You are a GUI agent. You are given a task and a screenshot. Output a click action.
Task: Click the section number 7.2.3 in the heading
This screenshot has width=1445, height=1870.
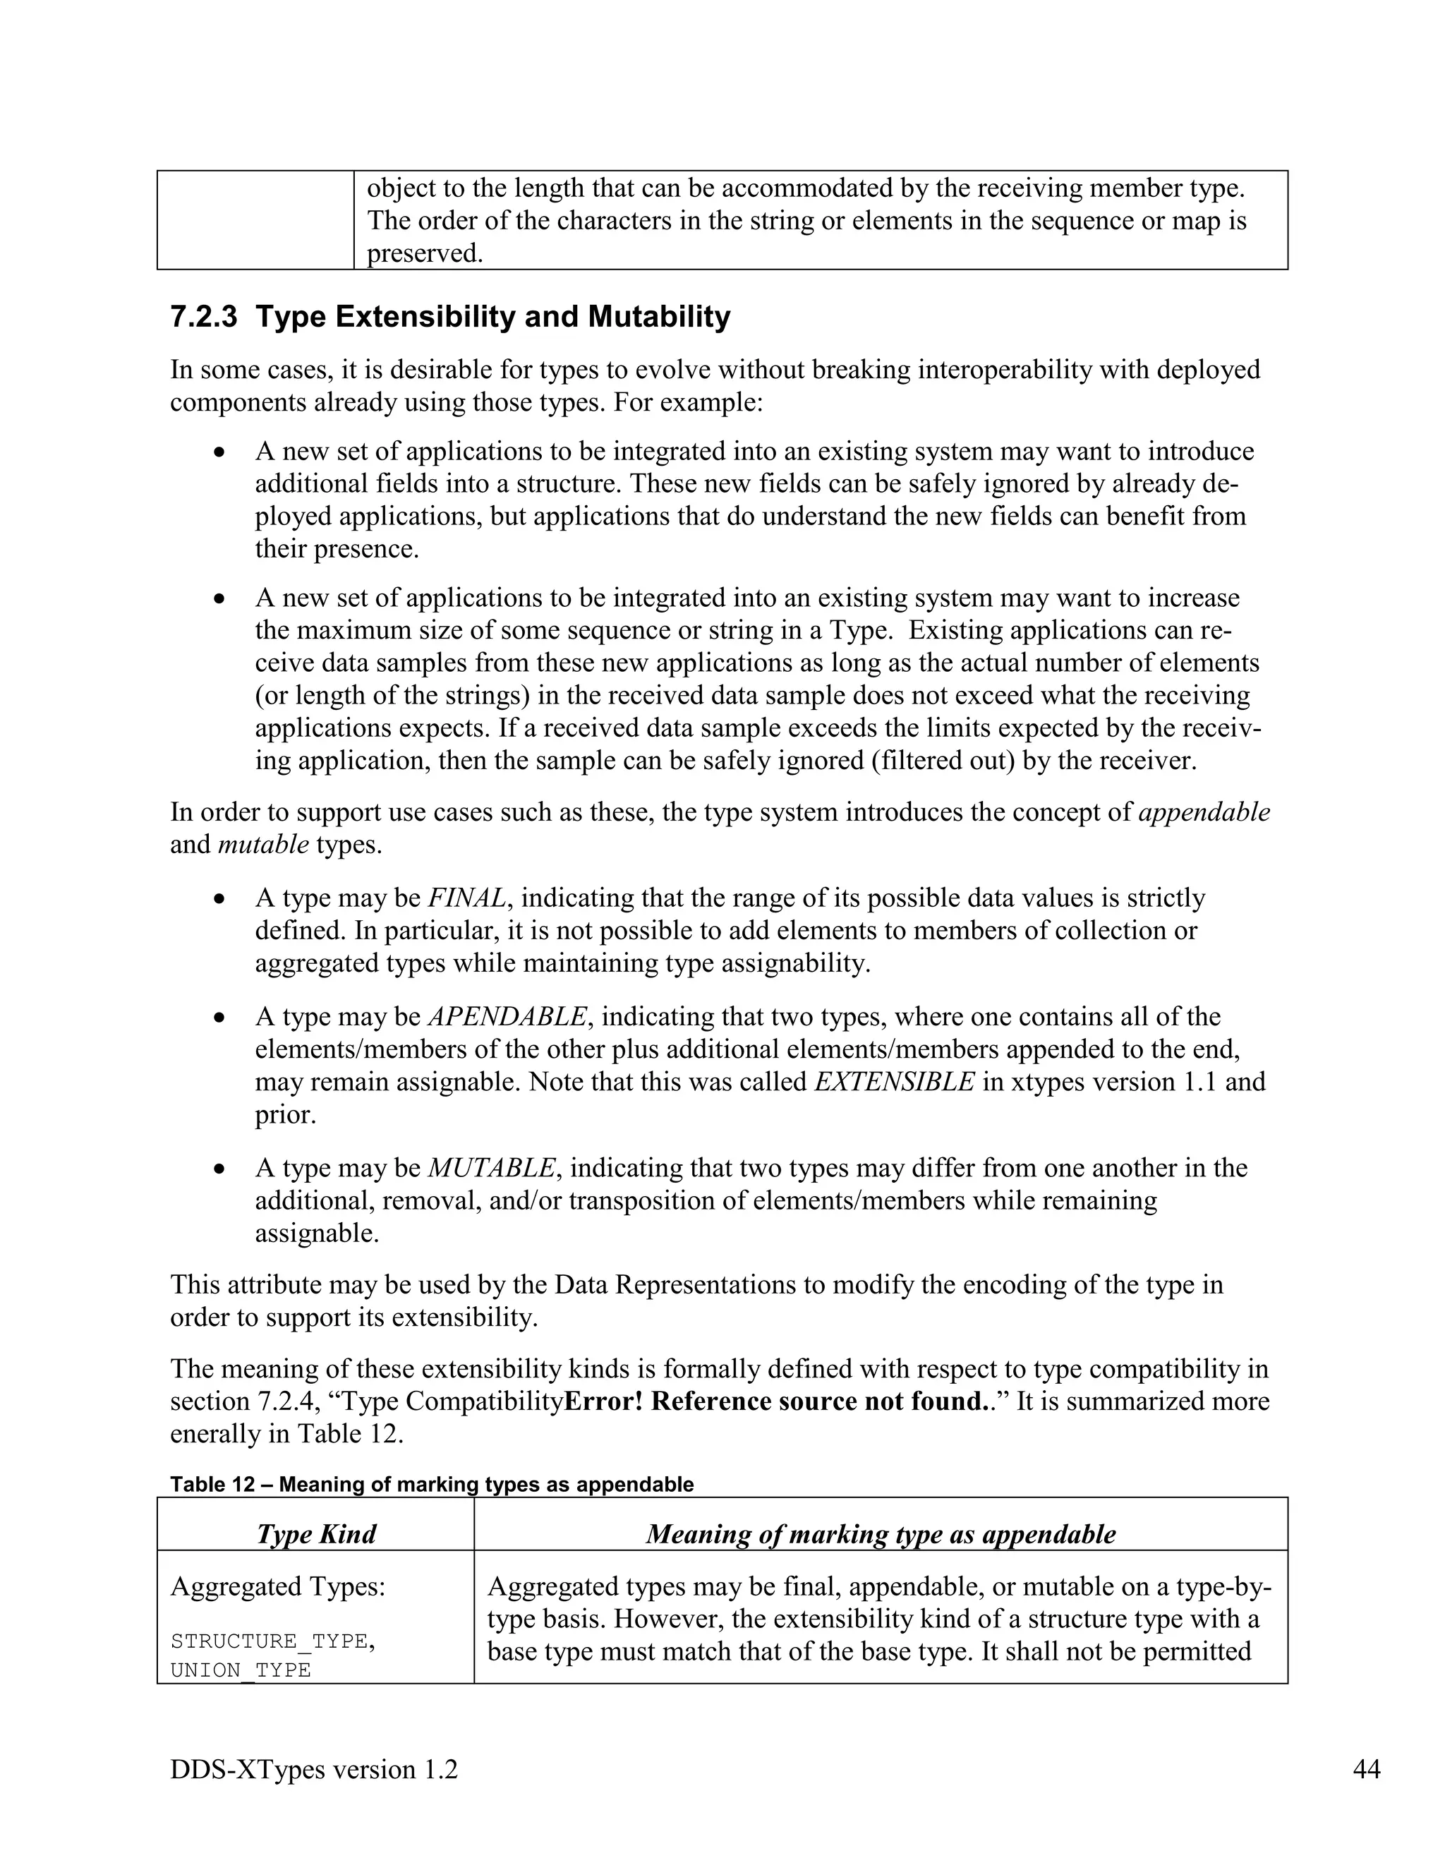click(x=204, y=317)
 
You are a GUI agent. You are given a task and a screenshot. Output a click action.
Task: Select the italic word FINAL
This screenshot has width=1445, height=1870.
click(x=467, y=898)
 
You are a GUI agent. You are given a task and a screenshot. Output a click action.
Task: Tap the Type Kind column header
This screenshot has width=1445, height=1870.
click(x=316, y=1533)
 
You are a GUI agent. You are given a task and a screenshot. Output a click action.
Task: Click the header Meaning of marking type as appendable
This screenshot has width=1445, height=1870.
click(x=880, y=1533)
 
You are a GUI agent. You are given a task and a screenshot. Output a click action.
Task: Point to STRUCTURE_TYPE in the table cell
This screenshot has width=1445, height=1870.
click(x=270, y=1641)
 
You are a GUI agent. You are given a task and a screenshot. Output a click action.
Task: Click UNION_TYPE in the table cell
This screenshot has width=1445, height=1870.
click(x=241, y=1670)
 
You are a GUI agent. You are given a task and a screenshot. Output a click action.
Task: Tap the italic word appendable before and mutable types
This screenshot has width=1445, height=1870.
click(x=1204, y=812)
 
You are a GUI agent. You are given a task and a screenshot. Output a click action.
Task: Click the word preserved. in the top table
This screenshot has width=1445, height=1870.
click(x=425, y=253)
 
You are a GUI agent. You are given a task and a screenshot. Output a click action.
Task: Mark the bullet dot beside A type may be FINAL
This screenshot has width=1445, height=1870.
click(x=220, y=899)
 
